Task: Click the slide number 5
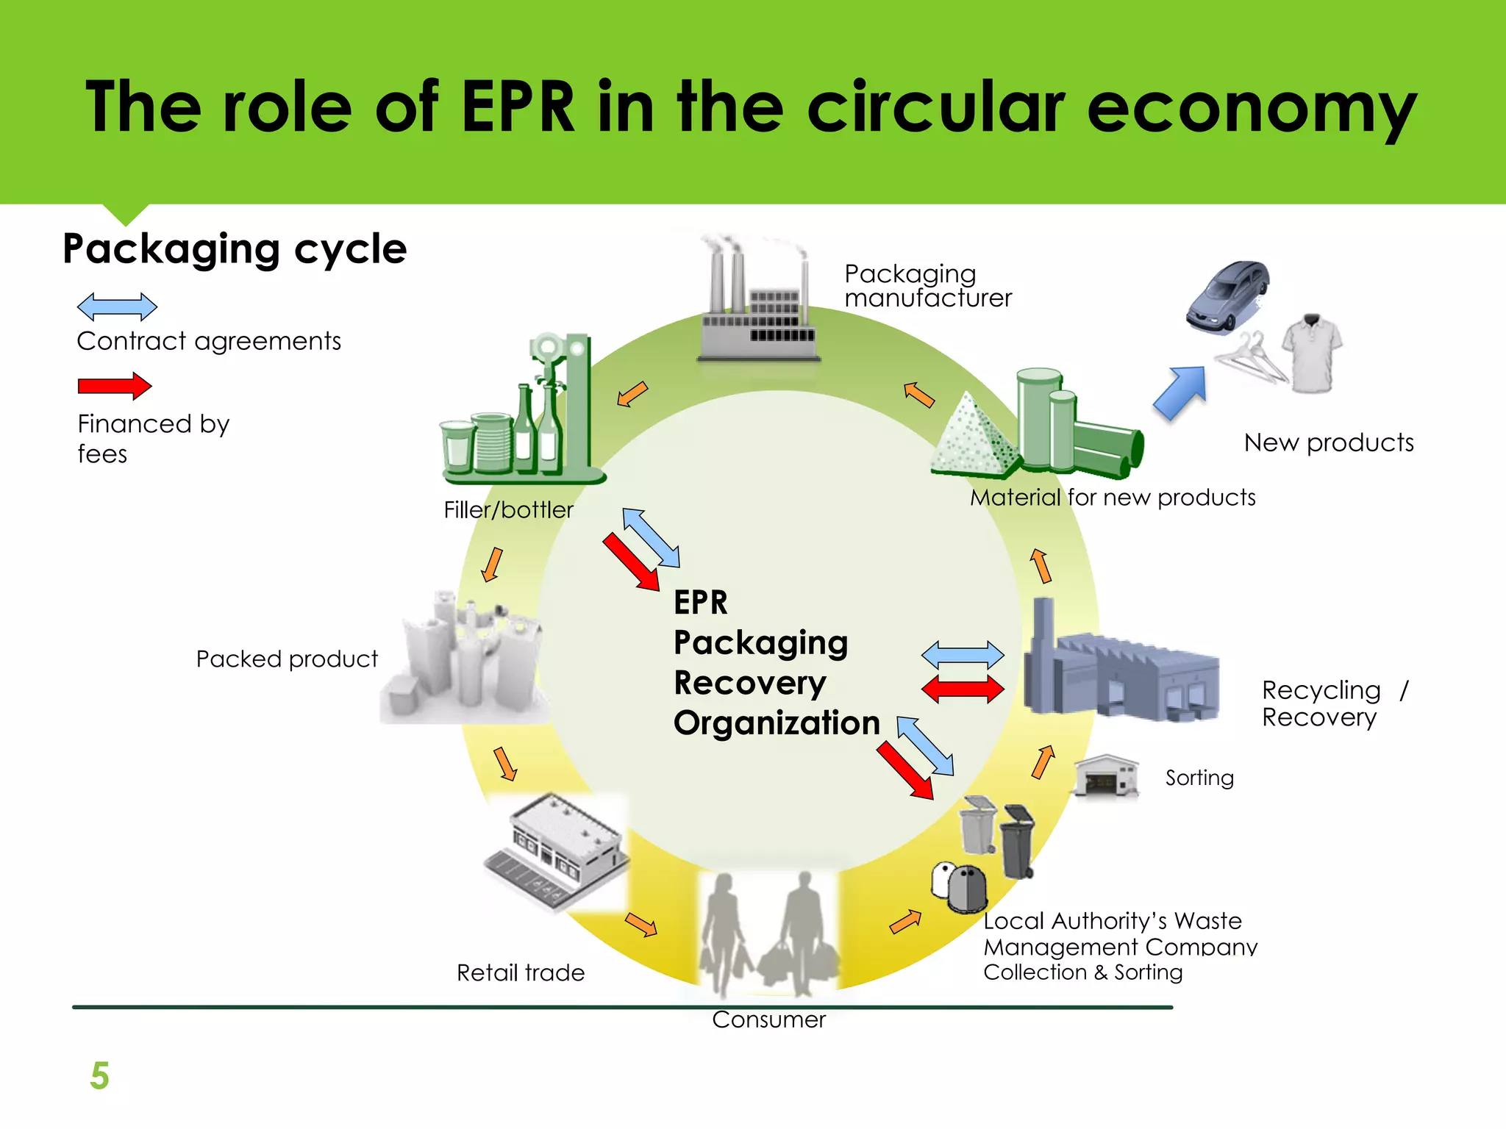click(99, 1075)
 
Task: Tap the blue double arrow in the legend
click(117, 307)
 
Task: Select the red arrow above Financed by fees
click(115, 386)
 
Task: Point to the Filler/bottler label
click(508, 510)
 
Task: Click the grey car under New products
click(1227, 295)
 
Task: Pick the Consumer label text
click(768, 1019)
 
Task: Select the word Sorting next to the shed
click(1199, 778)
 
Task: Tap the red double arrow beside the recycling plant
click(963, 689)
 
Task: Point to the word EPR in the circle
click(700, 603)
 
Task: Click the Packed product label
click(287, 659)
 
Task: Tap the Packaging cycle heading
click(235, 249)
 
